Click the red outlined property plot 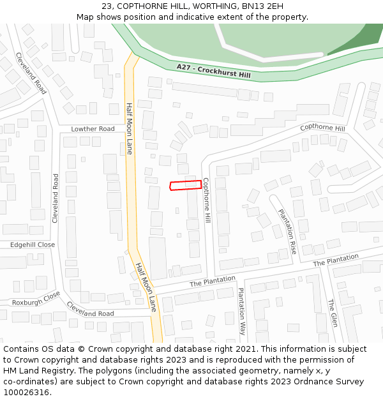tap(185, 185)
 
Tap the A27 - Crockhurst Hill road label tap(214, 71)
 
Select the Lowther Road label tap(93, 129)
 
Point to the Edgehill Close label tap(33, 245)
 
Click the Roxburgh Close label tap(36, 298)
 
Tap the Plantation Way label tap(241, 311)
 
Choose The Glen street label tap(332, 313)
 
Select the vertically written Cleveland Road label tap(55, 198)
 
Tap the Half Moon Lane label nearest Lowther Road tap(129, 128)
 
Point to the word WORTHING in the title tap(206, 6)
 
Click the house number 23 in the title tap(107, 6)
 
